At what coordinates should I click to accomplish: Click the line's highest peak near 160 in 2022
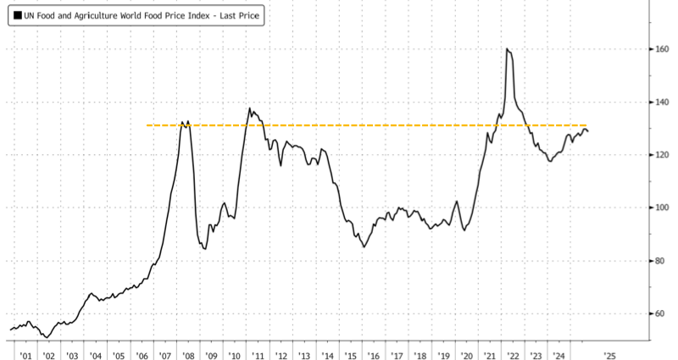click(x=507, y=49)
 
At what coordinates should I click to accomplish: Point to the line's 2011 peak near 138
click(x=250, y=108)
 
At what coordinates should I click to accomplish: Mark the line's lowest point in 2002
click(x=45, y=336)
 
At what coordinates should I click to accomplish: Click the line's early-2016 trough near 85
click(x=364, y=246)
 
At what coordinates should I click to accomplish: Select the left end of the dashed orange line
click(x=148, y=125)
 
